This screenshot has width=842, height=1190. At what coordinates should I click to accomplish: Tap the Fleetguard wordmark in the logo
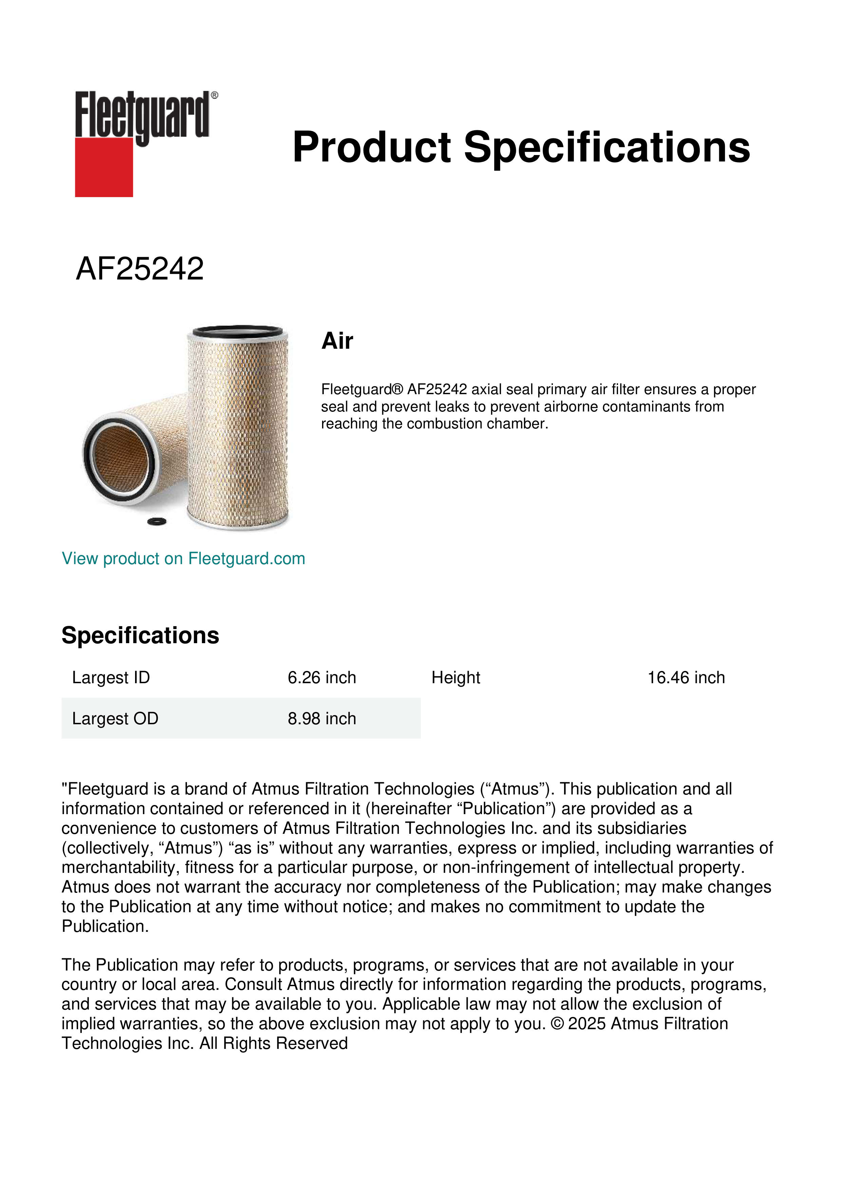pyautogui.click(x=143, y=115)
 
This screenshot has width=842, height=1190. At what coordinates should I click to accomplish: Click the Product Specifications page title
pyautogui.click(x=521, y=147)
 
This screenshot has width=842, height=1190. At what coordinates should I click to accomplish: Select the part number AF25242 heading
pyautogui.click(x=139, y=269)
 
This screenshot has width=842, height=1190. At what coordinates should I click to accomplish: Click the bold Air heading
pyautogui.click(x=337, y=341)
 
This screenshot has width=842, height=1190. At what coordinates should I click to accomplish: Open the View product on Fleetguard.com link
pyautogui.click(x=183, y=558)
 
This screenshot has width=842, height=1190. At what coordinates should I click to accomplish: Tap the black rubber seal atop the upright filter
pyautogui.click(x=238, y=331)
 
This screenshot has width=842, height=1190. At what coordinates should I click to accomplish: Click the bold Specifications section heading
pyautogui.click(x=140, y=635)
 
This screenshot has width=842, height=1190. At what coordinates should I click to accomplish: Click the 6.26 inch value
pyautogui.click(x=321, y=677)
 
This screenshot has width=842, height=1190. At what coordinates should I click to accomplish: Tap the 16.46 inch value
pyautogui.click(x=686, y=677)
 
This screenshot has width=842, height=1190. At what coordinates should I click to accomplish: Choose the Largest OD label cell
pyautogui.click(x=115, y=718)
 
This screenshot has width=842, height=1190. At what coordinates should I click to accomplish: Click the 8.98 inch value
pyautogui.click(x=321, y=718)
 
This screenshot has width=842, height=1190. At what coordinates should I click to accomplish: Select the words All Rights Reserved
pyautogui.click(x=273, y=1043)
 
